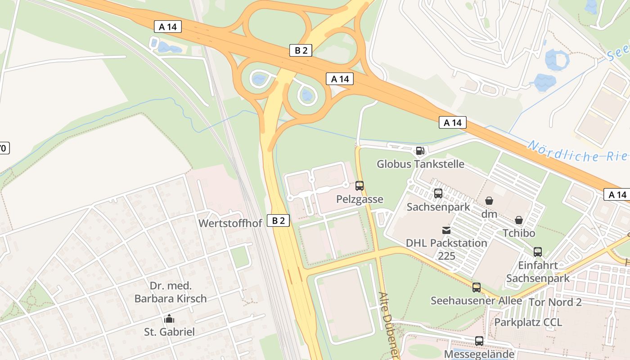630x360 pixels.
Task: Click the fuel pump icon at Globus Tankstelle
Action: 419,151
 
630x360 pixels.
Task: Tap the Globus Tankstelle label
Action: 420,164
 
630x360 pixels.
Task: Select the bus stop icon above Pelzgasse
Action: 360,185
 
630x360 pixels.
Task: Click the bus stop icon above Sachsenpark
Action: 438,193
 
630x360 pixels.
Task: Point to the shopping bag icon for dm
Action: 489,201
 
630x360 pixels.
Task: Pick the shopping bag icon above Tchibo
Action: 519,220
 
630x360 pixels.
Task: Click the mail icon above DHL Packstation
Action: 446,230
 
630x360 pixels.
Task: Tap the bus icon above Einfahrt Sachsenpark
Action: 538,252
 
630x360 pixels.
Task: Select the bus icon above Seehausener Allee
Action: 477,287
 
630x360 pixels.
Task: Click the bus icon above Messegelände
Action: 479,341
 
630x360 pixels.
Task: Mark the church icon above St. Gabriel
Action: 169,319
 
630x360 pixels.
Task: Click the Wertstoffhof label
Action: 230,223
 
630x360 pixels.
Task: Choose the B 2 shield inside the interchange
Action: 301,50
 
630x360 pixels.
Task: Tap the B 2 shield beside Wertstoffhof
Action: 279,220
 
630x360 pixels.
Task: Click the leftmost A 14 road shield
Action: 168,27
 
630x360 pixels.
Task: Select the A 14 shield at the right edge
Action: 617,194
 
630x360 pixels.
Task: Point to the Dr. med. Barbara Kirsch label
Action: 171,292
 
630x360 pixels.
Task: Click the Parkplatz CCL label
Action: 528,322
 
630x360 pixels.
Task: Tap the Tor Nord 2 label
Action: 554,302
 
